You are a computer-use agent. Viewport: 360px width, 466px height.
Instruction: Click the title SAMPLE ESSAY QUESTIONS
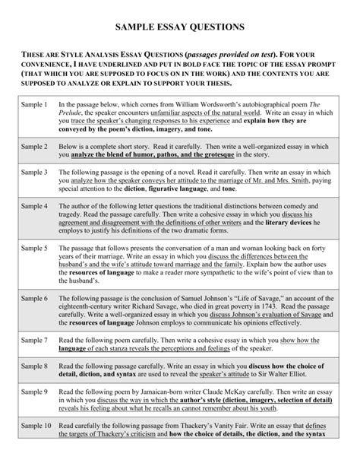click(179, 26)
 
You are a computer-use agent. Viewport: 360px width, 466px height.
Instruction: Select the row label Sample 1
click(33, 103)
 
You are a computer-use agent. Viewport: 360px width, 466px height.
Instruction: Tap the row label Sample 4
click(33, 206)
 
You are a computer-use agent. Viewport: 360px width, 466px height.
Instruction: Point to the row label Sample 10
click(36, 448)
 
